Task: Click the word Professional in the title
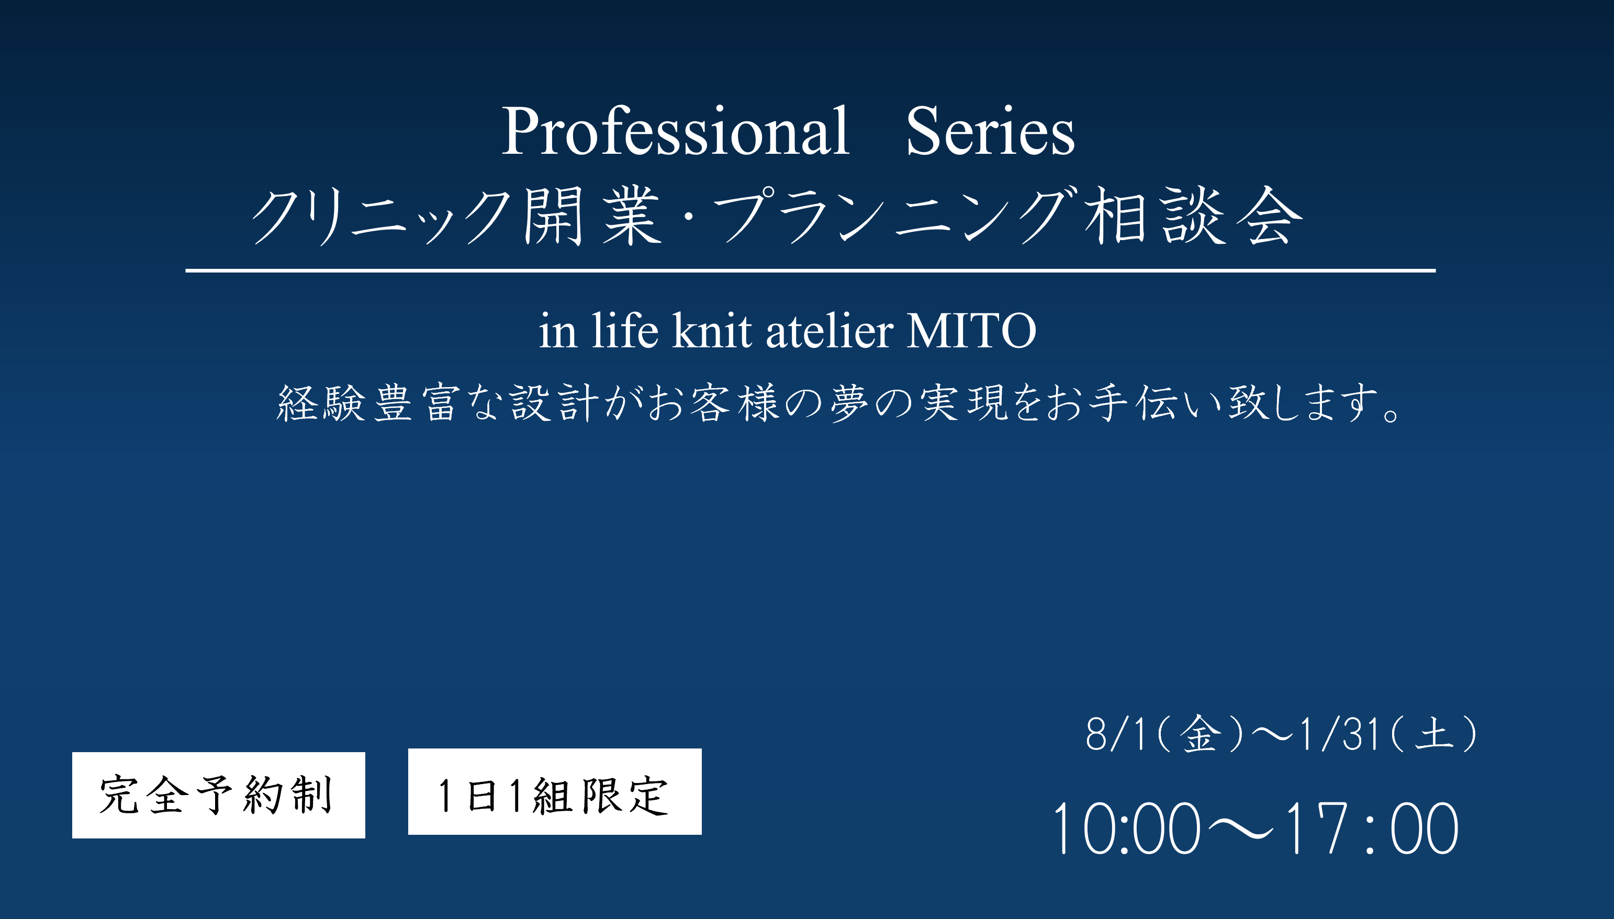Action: pos(675,131)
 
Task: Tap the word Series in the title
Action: pos(990,131)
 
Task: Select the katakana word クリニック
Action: pos(382,217)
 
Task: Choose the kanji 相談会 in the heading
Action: pos(1193,216)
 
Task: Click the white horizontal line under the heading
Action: pos(810,270)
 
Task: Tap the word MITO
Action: pos(971,330)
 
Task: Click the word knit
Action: pos(712,330)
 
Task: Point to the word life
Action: pos(624,330)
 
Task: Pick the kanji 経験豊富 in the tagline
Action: pos(367,402)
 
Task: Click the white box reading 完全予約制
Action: pos(218,795)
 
